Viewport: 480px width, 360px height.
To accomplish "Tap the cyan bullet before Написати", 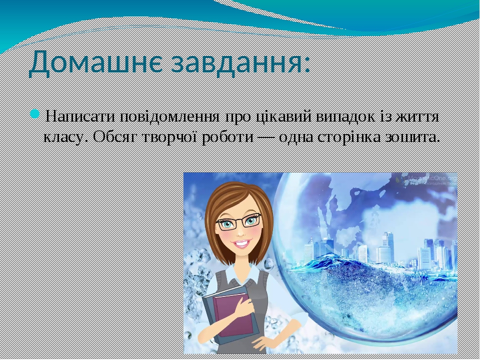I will point(34,115).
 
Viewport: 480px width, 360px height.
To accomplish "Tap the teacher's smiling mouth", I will point(241,244).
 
